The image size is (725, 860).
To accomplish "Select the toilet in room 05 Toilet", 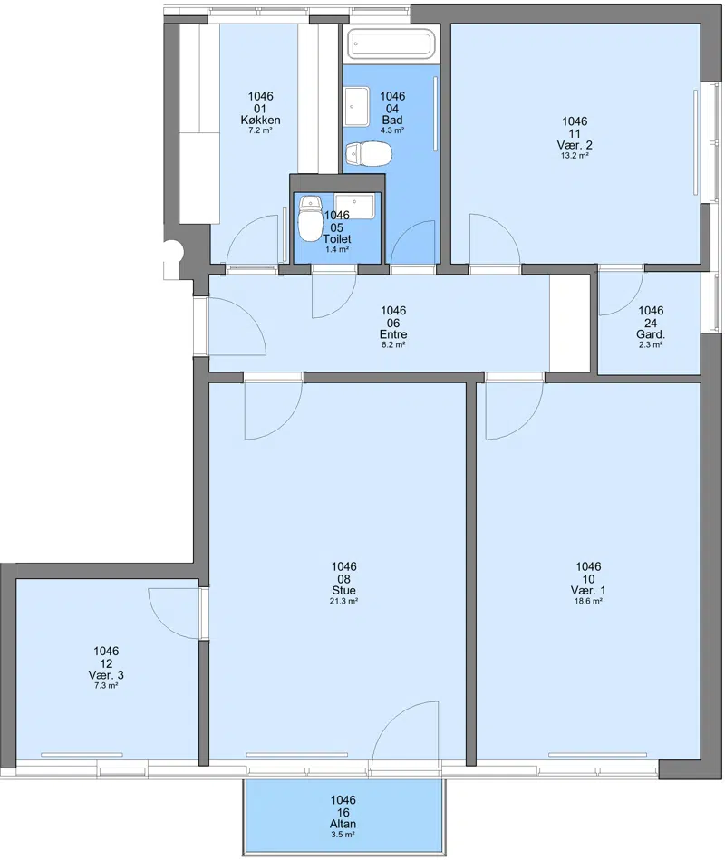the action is pos(309,217).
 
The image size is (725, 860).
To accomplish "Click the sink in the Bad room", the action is pos(358,106).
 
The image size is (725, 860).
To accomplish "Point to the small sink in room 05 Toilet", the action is pos(355,206).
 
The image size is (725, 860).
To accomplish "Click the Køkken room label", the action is pos(260,120).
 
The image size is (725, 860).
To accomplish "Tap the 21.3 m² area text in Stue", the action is pos(343,601).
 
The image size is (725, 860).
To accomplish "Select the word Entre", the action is pos(393,334).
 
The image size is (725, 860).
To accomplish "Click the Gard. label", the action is pos(651,334).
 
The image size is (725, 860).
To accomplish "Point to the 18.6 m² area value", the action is pos(588,601).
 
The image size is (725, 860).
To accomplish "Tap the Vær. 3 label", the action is pos(106,674).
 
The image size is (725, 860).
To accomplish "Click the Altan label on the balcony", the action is pos(343,824).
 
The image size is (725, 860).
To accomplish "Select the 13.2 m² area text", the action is pos(575,155).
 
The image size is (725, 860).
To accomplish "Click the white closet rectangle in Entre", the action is pos(570,323).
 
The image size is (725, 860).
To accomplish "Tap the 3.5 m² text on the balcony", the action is pos(343,835).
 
